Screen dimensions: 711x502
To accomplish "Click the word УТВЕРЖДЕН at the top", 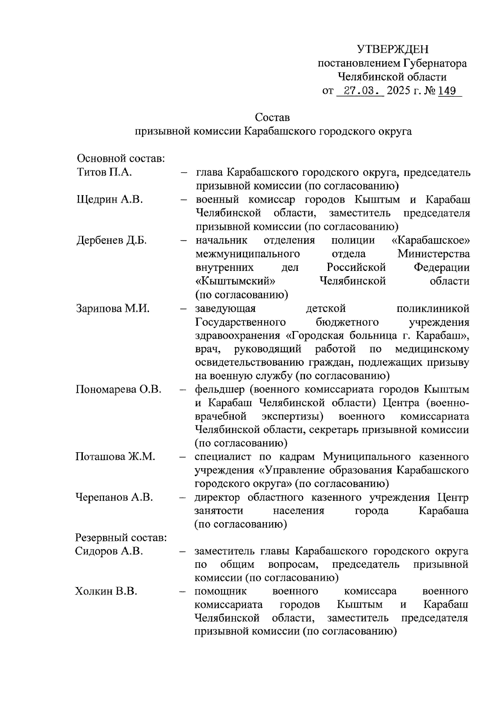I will coord(393,49).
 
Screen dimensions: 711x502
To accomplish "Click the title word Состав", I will coord(272,118).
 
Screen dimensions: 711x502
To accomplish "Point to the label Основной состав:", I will coord(121,159).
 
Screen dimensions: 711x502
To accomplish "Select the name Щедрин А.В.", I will coord(110,199).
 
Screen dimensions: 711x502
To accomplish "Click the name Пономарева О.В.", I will coord(118,389).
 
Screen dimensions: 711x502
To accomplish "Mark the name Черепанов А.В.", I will coord(114,497).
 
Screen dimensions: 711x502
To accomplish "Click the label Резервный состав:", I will coord(121,538).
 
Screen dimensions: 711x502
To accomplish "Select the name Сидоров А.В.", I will coord(109,551).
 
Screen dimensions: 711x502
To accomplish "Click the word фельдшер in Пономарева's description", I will coord(220,389).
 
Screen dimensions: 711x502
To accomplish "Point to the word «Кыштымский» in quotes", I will coord(236,281).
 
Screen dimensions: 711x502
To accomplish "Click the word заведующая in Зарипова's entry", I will coord(225,309).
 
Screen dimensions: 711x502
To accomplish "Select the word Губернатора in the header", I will coord(435,64).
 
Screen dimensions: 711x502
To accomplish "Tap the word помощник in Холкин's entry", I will coord(221,591).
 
